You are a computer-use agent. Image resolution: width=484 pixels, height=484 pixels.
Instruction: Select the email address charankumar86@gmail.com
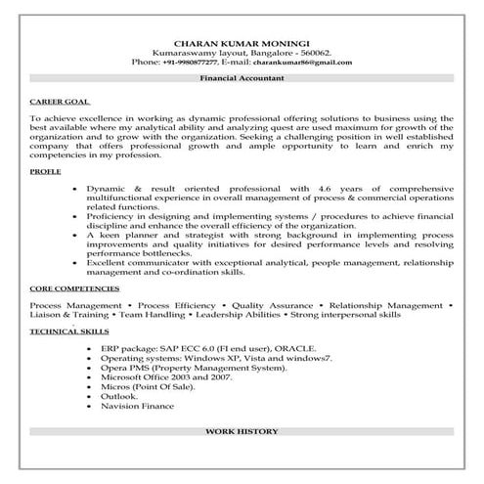point(305,62)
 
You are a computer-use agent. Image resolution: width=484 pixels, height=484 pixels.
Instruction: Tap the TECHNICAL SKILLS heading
point(64,332)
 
